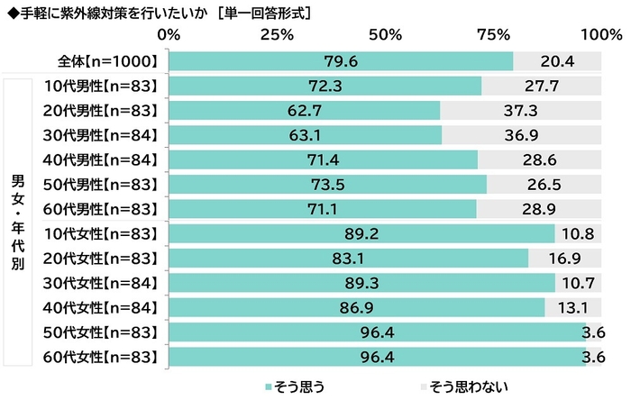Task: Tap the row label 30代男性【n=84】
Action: (x=101, y=134)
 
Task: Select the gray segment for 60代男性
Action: (x=539, y=209)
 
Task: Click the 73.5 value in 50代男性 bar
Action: (x=326, y=184)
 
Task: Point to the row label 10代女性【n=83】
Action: (x=101, y=233)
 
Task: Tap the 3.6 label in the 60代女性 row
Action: (x=592, y=356)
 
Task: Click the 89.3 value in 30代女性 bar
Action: (x=361, y=282)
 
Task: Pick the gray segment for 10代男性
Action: (x=541, y=86)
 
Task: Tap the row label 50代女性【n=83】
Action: (x=101, y=332)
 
